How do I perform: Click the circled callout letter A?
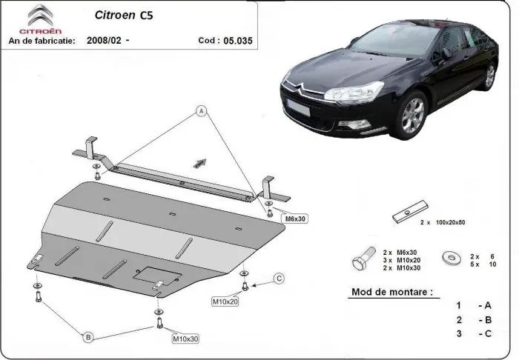click(200, 112)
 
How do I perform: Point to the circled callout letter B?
click(87, 338)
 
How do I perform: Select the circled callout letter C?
click(279, 279)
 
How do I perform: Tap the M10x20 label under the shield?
click(225, 301)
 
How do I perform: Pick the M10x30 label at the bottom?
click(185, 339)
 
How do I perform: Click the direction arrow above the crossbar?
click(199, 162)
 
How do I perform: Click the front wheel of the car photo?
click(412, 116)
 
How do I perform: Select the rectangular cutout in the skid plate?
click(156, 275)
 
